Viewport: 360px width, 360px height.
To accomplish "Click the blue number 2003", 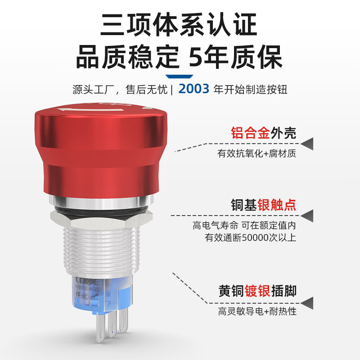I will (194, 89).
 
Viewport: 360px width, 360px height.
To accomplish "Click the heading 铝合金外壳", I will (263, 133).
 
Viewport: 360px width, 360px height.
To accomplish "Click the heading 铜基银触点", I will (263, 205).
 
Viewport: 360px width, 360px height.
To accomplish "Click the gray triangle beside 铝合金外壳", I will (307, 144).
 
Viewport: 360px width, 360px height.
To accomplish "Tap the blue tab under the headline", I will (180, 75).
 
